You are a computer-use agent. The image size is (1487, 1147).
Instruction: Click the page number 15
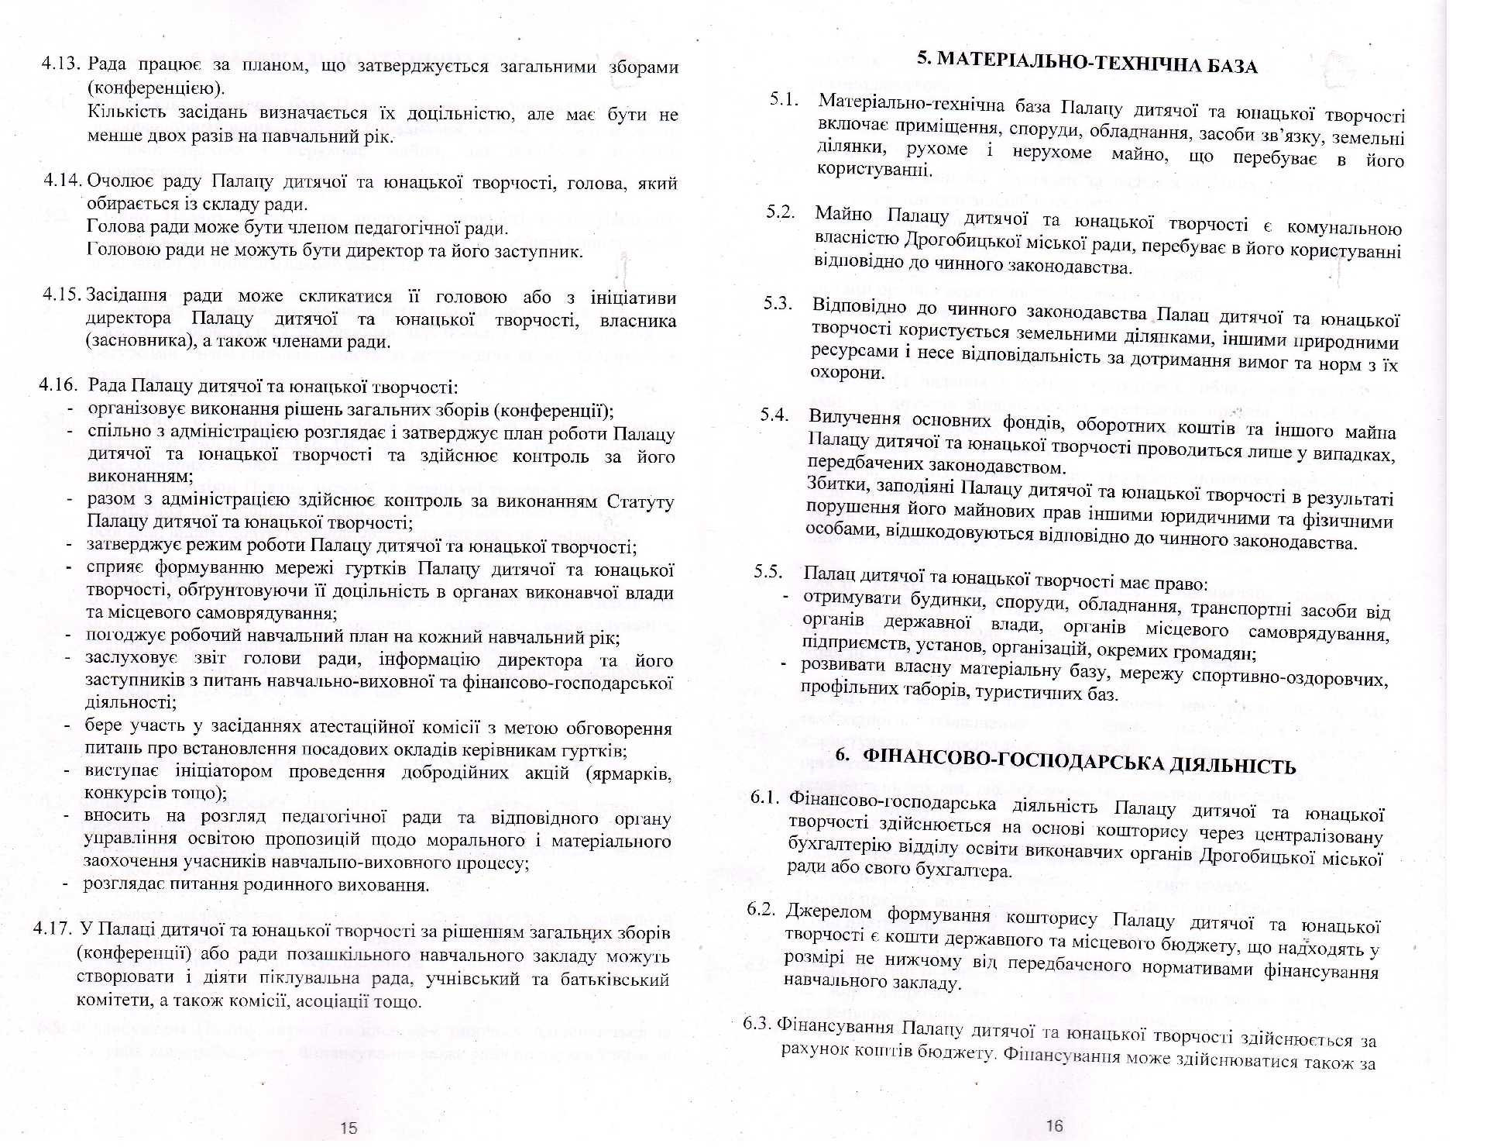pyautogui.click(x=349, y=1128)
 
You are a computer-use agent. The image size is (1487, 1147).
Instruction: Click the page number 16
pyautogui.click(x=1055, y=1125)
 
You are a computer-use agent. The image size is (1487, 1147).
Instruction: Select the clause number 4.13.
pyautogui.click(x=61, y=64)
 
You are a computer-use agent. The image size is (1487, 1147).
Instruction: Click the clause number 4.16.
pyautogui.click(x=59, y=384)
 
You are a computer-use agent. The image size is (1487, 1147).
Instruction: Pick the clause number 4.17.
pyautogui.click(x=53, y=928)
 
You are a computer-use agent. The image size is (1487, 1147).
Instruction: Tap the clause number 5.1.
pyautogui.click(x=784, y=99)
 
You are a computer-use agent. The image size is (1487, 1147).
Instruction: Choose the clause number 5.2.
pyautogui.click(x=781, y=212)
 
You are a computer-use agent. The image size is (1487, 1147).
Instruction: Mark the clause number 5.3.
pyautogui.click(x=778, y=303)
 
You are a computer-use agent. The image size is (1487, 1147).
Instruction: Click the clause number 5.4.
pyautogui.click(x=774, y=415)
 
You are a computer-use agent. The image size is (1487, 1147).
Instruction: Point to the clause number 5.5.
pyautogui.click(x=768, y=572)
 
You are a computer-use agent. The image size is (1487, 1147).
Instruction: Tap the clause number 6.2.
pyautogui.click(x=761, y=909)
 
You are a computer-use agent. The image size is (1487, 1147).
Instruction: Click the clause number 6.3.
pyautogui.click(x=757, y=1023)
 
